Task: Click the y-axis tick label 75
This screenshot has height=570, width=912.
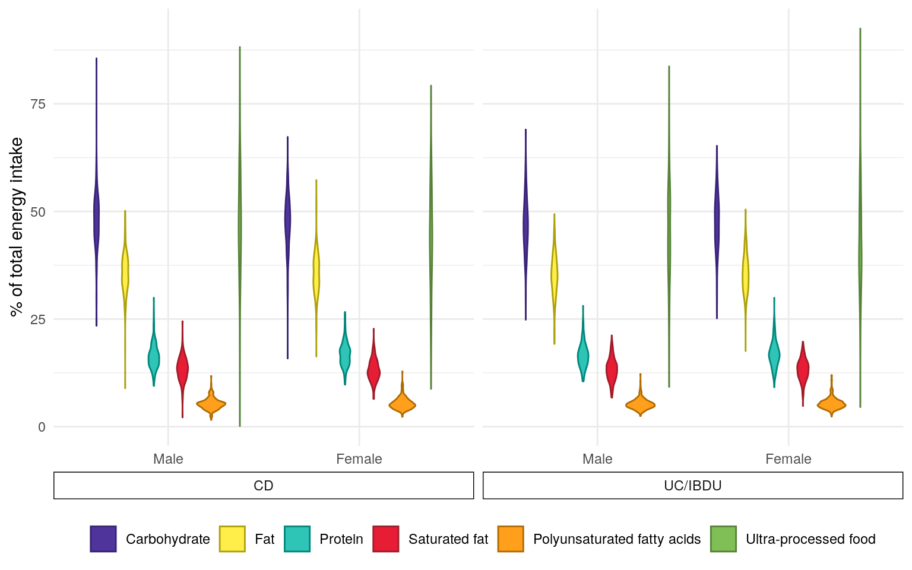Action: [x=37, y=104]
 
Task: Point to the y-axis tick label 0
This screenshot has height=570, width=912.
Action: [x=42, y=427]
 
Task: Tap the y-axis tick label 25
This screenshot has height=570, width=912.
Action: [x=37, y=319]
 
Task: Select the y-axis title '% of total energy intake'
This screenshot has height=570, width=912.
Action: [x=17, y=227]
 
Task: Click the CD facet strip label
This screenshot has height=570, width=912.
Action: [x=264, y=486]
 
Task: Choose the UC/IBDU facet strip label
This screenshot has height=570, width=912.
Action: [x=693, y=486]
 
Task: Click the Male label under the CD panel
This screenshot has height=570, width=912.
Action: [x=168, y=459]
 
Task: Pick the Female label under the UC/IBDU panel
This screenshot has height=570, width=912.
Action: [x=788, y=459]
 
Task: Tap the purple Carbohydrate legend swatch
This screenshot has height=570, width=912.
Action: [x=103, y=539]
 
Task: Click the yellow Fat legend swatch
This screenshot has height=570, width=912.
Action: [x=232, y=539]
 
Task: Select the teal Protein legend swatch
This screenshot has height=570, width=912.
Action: [x=297, y=539]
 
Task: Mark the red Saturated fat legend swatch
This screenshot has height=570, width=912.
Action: [x=386, y=539]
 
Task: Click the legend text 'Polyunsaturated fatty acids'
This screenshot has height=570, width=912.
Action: [x=617, y=539]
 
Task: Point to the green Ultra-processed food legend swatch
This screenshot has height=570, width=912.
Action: [x=723, y=539]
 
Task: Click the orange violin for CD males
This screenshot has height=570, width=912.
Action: [x=211, y=404]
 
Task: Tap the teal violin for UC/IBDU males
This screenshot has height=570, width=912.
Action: [x=583, y=356]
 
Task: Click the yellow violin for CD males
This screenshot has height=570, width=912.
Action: [x=125, y=273]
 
